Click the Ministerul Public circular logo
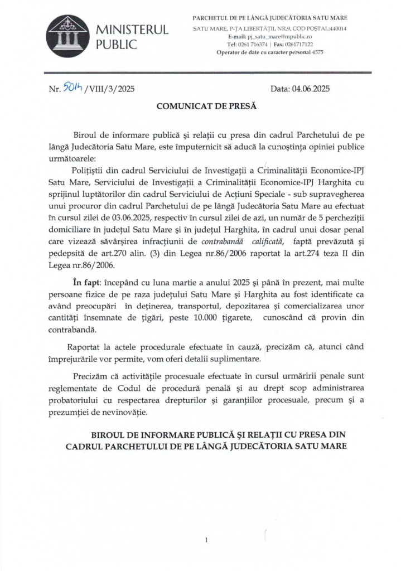coord(67,36)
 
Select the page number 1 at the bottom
coord(206,539)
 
